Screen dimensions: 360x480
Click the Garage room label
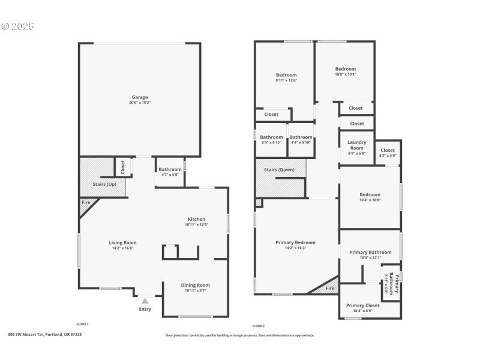(140, 97)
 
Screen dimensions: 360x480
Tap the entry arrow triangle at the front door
(145, 301)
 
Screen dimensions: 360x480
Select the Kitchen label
(197, 219)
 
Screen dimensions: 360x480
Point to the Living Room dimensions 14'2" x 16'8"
(123, 248)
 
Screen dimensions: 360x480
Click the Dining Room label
(196, 285)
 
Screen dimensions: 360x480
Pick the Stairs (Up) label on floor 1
(104, 184)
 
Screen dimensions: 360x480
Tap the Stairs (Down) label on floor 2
(280, 170)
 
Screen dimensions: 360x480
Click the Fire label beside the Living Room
(85, 203)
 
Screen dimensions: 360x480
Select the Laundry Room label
(357, 145)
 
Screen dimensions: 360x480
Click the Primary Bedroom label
(295, 242)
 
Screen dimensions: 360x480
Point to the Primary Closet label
(364, 305)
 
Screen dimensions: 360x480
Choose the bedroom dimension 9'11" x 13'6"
(286, 80)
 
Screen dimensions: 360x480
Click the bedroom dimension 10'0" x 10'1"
(346, 74)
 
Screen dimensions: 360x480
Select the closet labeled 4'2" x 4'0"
(388, 156)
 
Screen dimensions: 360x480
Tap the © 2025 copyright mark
(18, 26)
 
